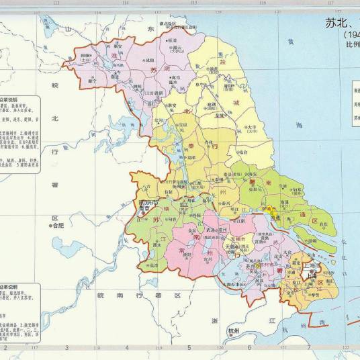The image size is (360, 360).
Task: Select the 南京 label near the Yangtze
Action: [142, 210]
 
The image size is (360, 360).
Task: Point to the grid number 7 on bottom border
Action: [308, 348]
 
